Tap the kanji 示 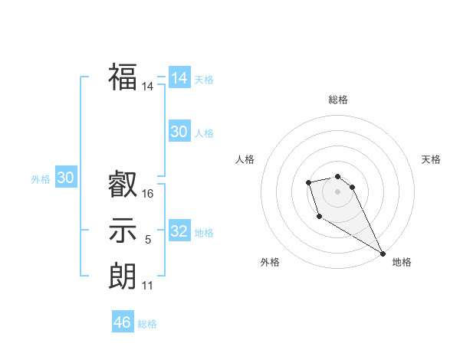(x=123, y=230)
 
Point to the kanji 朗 (x=123, y=274)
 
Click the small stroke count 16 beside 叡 (x=148, y=194)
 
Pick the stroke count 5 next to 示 (x=148, y=240)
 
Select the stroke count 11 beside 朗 (x=148, y=286)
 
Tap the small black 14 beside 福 (x=148, y=87)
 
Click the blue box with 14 (x=179, y=77)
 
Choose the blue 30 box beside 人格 (x=179, y=132)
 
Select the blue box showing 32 (x=179, y=231)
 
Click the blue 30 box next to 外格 (x=65, y=178)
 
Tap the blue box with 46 (x=123, y=322)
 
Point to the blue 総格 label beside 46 (x=147, y=324)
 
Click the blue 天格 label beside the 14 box (x=204, y=80)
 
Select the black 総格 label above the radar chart (x=338, y=100)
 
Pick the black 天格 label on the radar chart (x=431, y=159)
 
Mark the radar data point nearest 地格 (x=383, y=254)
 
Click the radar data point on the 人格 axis (x=308, y=182)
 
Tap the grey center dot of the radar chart (x=338, y=191)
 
